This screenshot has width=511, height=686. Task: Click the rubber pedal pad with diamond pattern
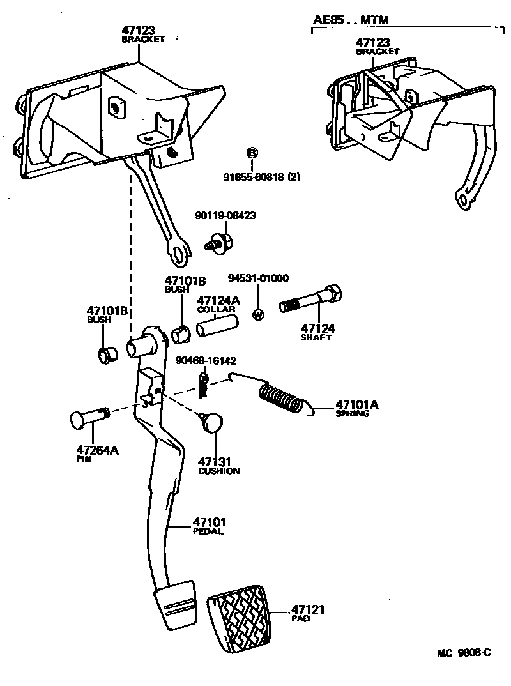point(240,620)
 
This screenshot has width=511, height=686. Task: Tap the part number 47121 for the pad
point(309,610)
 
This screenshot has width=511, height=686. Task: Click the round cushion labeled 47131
point(213,422)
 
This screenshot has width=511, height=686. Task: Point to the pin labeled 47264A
point(89,417)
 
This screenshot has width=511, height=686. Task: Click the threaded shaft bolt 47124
point(311,300)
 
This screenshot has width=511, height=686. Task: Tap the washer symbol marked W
point(258,314)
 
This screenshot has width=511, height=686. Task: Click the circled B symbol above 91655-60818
point(252,153)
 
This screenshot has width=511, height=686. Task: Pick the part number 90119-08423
point(225,216)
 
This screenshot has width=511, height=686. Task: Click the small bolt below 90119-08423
point(218,244)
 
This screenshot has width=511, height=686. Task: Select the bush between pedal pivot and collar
point(181,333)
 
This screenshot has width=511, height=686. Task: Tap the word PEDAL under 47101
point(208,531)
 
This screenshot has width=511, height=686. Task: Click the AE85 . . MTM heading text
point(351,20)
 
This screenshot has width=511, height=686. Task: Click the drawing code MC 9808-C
point(464,653)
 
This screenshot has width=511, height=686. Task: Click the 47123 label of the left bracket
point(139,29)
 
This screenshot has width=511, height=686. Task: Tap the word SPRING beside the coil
point(352,414)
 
